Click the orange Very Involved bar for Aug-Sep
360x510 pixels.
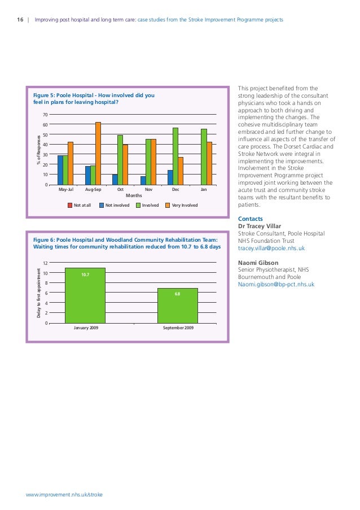pyautogui.click(x=98, y=154)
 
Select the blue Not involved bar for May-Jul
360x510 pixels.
pyautogui.click(x=60, y=170)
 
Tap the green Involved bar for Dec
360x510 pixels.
pyautogui.click(x=175, y=156)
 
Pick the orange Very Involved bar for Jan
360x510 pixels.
pyautogui.click(x=209, y=163)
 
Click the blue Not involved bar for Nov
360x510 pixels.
pyautogui.click(x=143, y=180)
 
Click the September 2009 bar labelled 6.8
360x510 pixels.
pyautogui.click(x=177, y=306)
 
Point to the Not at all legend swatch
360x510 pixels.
pyautogui.click(x=70, y=206)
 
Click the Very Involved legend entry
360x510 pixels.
pyautogui.click(x=181, y=206)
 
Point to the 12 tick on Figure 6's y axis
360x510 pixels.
pyautogui.click(x=45, y=263)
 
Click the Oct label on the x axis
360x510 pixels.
pyautogui.click(x=120, y=190)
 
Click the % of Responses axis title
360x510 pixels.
pyautogui.click(x=39, y=149)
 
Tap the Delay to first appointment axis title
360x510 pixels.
pyautogui.click(x=39, y=293)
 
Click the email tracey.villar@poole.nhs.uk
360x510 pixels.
pyautogui.click(x=271, y=248)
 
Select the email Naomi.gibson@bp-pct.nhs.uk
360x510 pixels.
pyautogui.click(x=276, y=285)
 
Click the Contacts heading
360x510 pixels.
pyautogui.click(x=251, y=219)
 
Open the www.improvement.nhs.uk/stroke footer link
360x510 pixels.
pyautogui.click(x=64, y=494)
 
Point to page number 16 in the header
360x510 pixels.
pyautogui.click(x=19, y=20)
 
